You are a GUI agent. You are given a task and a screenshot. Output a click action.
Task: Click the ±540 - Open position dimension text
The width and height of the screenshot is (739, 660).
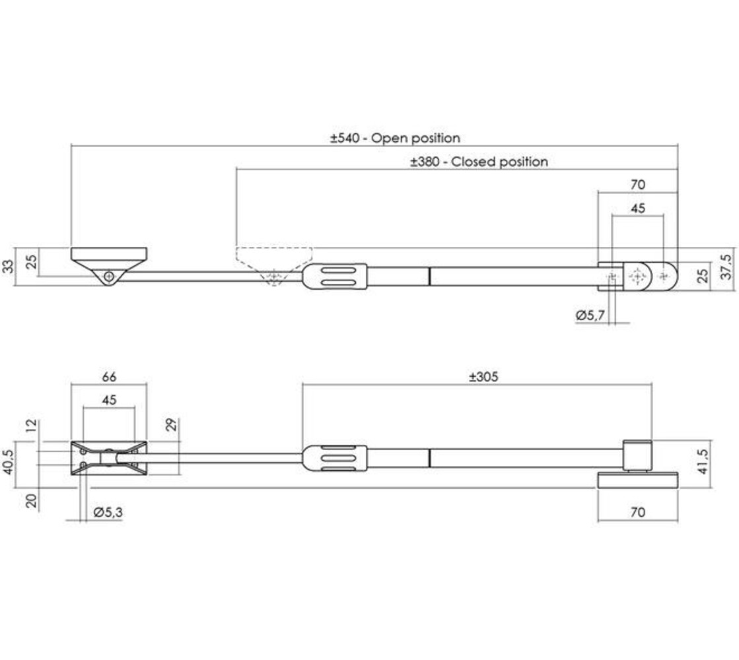[395, 139]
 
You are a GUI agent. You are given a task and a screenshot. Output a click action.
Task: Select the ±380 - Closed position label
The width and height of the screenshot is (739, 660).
[479, 162]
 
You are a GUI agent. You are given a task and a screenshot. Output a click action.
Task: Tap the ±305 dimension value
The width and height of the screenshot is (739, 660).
[483, 378]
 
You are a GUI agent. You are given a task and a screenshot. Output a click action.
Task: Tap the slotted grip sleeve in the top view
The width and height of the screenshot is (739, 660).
[335, 276]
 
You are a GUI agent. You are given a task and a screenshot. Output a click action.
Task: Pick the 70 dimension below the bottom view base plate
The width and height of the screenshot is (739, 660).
[638, 511]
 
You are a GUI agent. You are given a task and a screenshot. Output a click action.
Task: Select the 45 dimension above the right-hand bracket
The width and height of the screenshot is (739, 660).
[637, 208]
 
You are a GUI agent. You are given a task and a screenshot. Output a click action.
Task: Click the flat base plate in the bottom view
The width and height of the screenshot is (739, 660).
[638, 480]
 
